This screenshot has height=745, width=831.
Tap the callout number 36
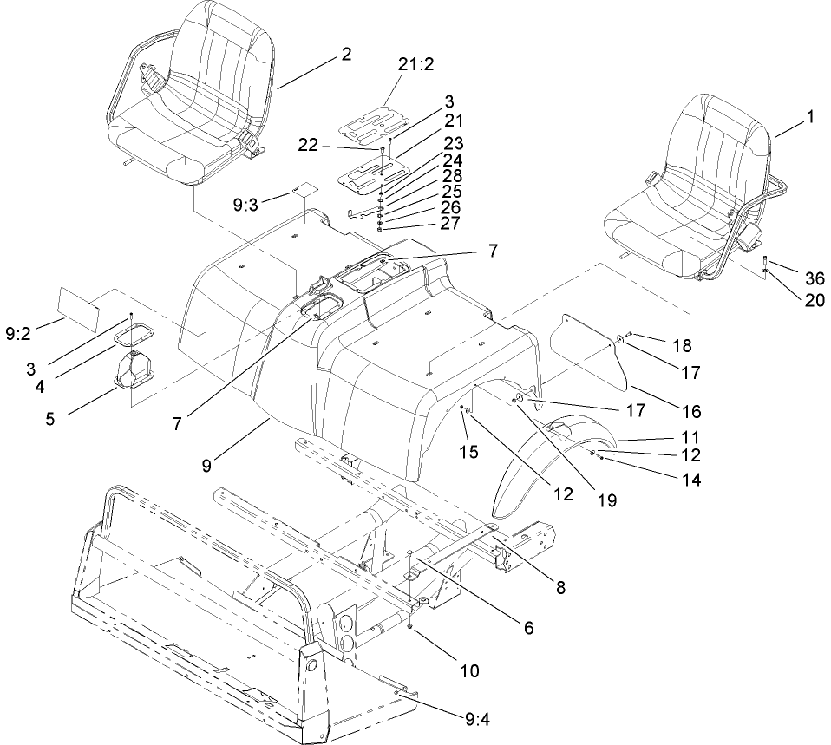814,278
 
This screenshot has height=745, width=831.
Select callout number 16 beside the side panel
691,409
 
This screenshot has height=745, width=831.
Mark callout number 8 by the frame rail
560,587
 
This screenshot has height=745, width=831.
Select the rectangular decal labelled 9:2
79,308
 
